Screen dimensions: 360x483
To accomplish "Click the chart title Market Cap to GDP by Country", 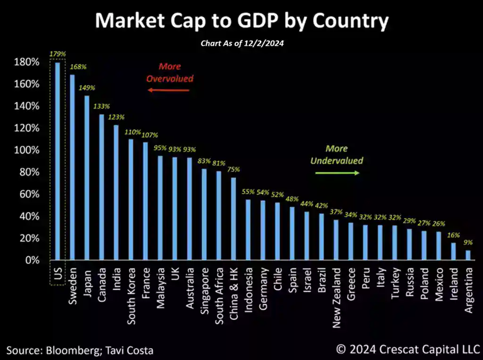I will pos(241,21).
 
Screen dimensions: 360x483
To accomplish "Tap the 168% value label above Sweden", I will pos(78,67).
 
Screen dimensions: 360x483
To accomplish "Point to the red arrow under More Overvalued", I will pos(168,90).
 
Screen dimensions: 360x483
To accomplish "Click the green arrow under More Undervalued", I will pos(337,173).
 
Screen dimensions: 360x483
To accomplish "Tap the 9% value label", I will pos(468,243).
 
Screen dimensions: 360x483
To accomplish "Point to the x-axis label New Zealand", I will pos(336,297).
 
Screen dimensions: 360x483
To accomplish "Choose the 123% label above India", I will pos(116,117).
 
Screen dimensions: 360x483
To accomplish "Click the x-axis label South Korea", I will pos(131,296).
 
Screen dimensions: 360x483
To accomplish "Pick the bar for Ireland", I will pos(453,251).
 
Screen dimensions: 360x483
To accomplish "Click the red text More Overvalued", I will pos(169,72).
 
